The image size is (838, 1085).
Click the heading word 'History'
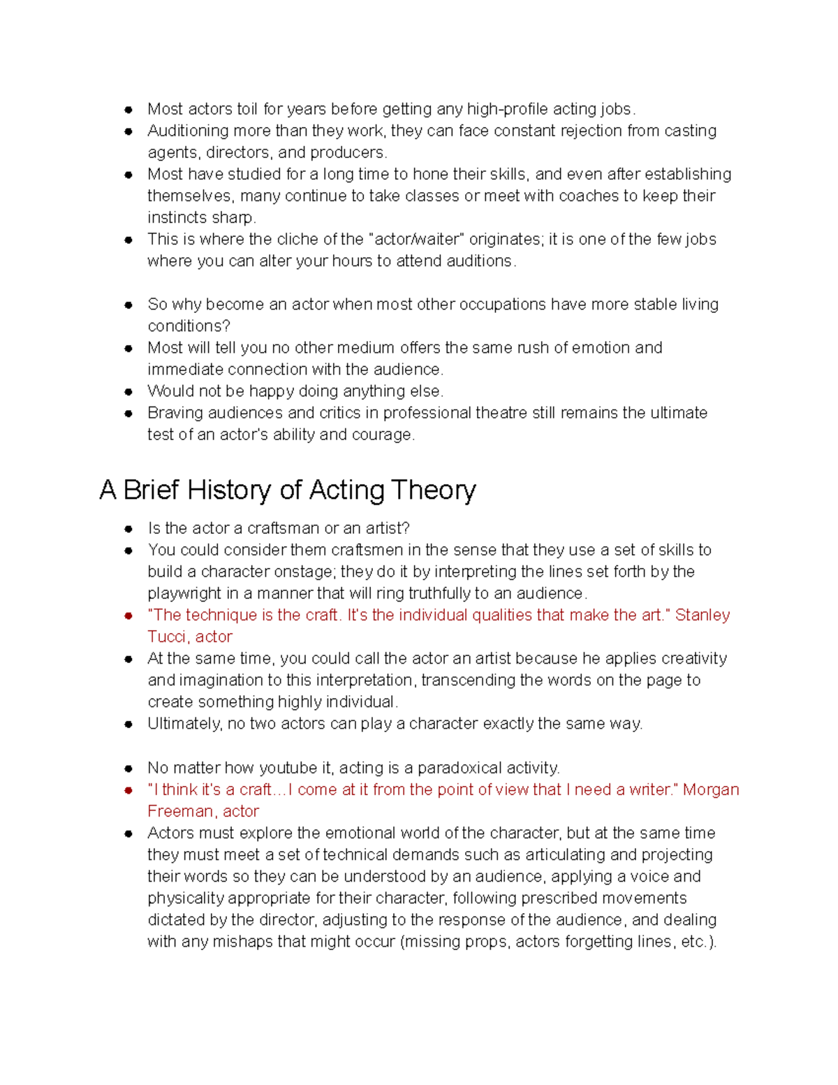coord(228,490)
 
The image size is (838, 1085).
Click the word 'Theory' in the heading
coord(433,490)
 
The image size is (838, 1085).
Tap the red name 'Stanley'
coord(702,615)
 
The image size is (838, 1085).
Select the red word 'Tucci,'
coord(168,636)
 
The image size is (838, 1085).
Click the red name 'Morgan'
coord(710,789)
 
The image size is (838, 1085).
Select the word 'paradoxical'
coord(460,768)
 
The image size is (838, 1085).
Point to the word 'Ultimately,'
coord(184,724)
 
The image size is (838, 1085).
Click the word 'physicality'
coord(185,898)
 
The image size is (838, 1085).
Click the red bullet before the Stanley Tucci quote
coord(128,616)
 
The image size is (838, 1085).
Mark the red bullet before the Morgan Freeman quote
coord(128,790)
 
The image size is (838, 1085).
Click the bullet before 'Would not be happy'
coord(128,392)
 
